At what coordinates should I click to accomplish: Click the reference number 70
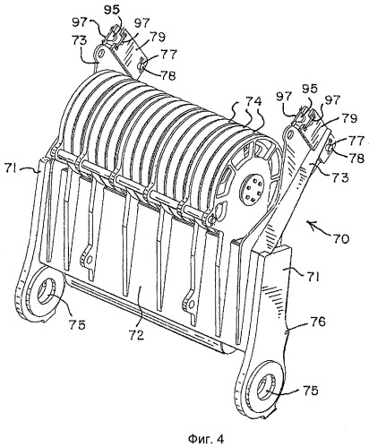[x=339, y=239]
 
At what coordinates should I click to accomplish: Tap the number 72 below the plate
[x=139, y=334]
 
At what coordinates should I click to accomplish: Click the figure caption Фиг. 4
[x=206, y=439]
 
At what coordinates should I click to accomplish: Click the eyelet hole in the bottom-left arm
[x=46, y=290]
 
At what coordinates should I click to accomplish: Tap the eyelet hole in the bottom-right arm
[x=265, y=385]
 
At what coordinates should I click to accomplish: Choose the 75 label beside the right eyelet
[x=310, y=391]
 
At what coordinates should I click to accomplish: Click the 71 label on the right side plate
[x=312, y=278]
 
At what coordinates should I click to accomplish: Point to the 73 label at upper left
[x=80, y=40]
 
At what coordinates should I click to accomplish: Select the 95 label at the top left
[x=112, y=9]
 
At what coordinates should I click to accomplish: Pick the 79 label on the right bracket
[x=348, y=119]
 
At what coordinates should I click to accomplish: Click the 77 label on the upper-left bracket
[x=169, y=55]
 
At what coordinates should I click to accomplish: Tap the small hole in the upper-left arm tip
[x=100, y=54]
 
